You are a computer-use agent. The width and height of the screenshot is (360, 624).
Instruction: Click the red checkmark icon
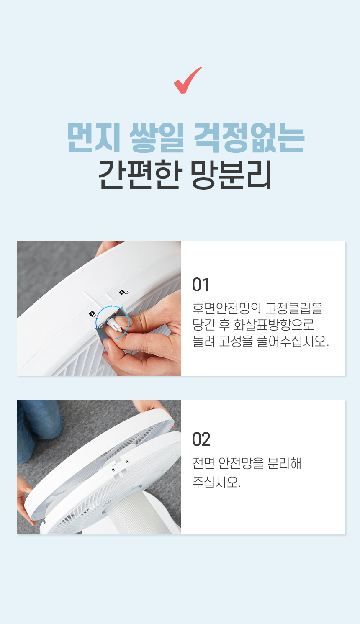(187, 81)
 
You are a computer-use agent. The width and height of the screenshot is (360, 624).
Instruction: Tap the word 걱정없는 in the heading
(249, 137)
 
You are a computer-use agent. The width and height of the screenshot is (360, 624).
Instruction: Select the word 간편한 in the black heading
(139, 175)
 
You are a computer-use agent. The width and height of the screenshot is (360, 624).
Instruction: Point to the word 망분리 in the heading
(231, 175)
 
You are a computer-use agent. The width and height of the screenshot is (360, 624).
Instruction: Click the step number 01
(201, 285)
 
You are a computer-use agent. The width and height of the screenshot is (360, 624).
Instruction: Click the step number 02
(201, 439)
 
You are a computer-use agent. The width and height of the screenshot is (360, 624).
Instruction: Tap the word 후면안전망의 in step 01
(227, 308)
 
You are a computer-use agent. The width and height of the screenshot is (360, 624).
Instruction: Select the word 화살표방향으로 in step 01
(274, 324)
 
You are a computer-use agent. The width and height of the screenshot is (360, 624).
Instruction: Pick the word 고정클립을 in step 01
(294, 308)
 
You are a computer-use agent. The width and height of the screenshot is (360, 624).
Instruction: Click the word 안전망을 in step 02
(241, 463)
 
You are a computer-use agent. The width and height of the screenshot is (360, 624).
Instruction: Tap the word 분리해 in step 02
(284, 463)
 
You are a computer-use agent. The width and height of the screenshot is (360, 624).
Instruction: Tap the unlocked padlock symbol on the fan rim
(124, 292)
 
